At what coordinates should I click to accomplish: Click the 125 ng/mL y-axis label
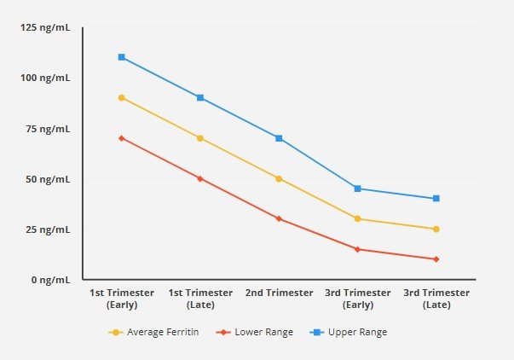pos(47,28)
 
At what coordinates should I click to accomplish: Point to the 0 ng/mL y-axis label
pos(52,280)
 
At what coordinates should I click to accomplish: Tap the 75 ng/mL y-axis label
pos(50,129)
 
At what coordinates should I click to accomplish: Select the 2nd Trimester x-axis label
pos(279,293)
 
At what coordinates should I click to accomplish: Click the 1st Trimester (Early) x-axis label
pos(122,298)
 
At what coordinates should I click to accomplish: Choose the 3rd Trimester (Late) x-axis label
pos(436,298)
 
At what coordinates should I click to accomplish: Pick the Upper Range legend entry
pos(351,332)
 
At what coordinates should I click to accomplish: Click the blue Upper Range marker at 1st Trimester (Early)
pos(122,57)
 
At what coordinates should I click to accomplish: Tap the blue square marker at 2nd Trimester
pos(279,138)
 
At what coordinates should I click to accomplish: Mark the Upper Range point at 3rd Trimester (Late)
pos(436,199)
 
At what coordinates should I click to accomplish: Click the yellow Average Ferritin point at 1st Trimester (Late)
pos(200,138)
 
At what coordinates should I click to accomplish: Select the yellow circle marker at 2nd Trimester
pos(279,178)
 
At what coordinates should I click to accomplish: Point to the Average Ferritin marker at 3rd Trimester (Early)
pos(357,219)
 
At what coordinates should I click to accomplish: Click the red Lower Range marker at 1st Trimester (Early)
pos(122,138)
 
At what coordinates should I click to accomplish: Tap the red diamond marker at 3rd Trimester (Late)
pos(436,259)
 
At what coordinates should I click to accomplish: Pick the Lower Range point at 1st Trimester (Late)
pos(200,178)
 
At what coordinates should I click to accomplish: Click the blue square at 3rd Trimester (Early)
pos(357,189)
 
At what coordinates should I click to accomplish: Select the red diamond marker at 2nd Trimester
pos(279,219)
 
